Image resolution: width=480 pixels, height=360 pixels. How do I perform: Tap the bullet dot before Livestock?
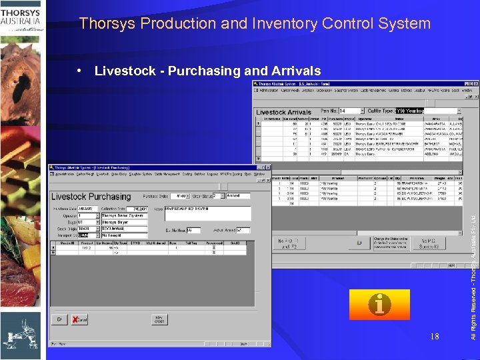[80, 71]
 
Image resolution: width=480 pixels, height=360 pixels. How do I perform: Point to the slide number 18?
[434, 337]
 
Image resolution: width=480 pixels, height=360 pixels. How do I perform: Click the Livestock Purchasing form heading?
[91, 197]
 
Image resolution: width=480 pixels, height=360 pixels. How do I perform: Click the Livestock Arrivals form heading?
[284, 112]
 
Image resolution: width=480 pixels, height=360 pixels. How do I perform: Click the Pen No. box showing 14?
[350, 111]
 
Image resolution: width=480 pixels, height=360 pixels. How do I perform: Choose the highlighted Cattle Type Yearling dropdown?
[427, 111]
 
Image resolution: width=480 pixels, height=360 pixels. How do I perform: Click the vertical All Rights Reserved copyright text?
[473, 267]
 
